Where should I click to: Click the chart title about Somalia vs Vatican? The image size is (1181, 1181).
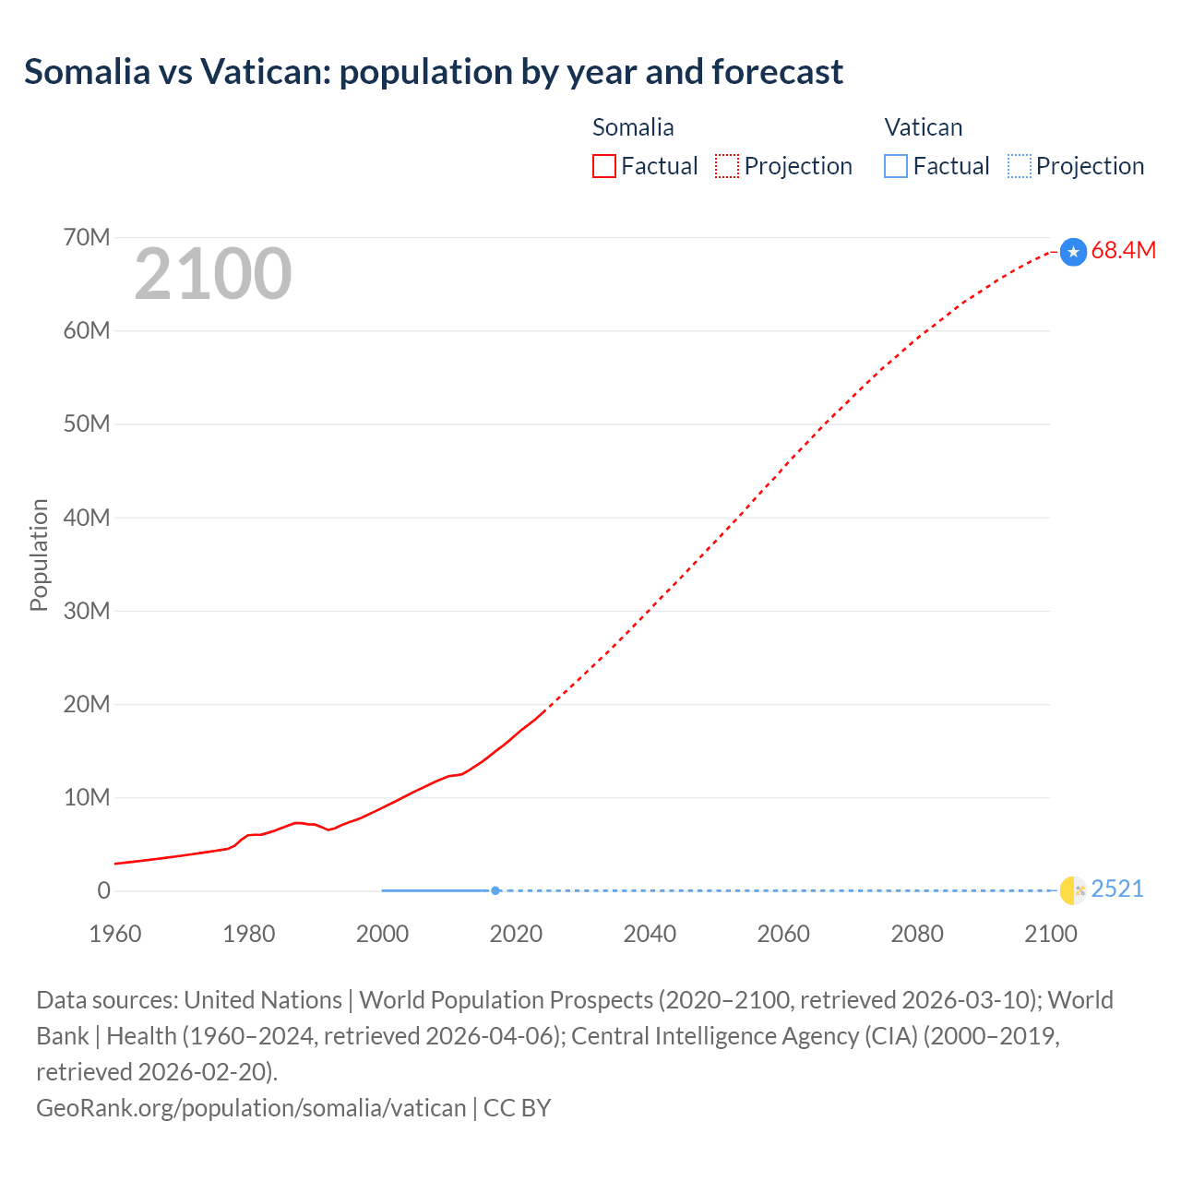tap(434, 72)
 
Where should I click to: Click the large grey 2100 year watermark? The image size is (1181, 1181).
tap(213, 273)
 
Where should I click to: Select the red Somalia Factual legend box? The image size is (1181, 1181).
tap(604, 166)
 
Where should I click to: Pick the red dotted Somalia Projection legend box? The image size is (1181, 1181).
tap(727, 166)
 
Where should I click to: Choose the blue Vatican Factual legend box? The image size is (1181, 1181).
tap(896, 166)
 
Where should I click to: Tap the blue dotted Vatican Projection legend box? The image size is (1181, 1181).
tap(1020, 166)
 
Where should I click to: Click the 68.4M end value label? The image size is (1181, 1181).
tap(1123, 250)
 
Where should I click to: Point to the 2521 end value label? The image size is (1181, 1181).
tap(1116, 889)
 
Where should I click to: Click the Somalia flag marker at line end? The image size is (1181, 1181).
tap(1073, 252)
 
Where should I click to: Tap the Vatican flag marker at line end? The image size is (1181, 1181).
tap(1073, 890)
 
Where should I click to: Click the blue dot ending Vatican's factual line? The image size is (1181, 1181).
tap(495, 890)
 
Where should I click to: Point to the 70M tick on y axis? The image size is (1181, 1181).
tap(87, 237)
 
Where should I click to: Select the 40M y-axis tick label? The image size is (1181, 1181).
tap(87, 518)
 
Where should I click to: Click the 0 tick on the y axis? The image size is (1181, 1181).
tap(103, 890)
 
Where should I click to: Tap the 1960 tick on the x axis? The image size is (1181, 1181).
tap(115, 934)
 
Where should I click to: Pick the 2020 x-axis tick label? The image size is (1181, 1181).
tap(516, 934)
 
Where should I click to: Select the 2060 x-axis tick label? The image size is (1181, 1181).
tap(783, 934)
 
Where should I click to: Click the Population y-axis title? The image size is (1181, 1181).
tap(39, 555)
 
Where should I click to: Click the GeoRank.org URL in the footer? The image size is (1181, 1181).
tap(251, 1107)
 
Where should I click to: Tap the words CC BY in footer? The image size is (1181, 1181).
tap(517, 1107)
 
